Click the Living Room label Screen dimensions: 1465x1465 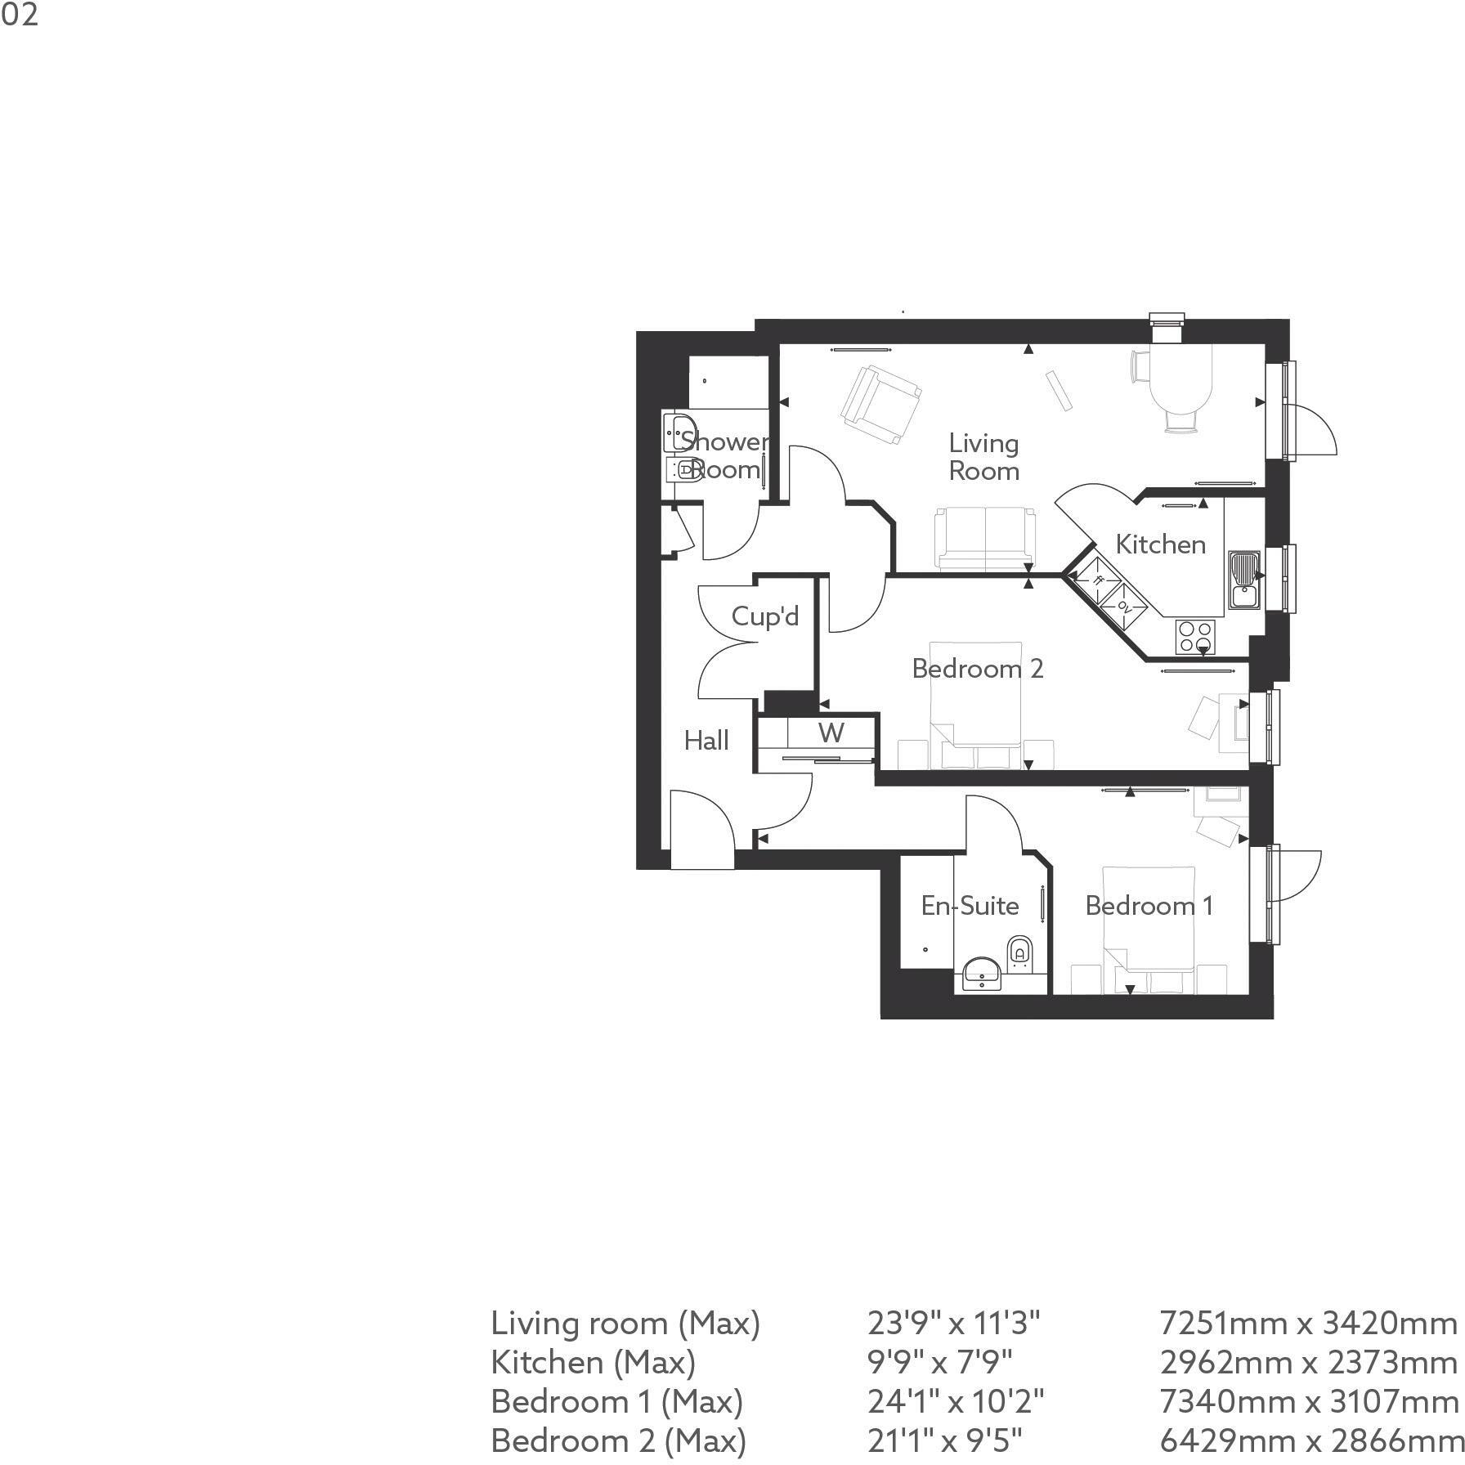point(983,457)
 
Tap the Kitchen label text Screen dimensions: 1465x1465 point(1160,544)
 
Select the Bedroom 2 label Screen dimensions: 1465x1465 point(978,669)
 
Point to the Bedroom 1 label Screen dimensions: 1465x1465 point(1149,906)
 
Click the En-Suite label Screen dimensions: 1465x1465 point(970,906)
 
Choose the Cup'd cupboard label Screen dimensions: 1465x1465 point(765,616)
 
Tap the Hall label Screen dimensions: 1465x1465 point(706,741)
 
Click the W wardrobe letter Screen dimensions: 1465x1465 point(831,732)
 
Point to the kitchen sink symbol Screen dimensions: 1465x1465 point(1244,579)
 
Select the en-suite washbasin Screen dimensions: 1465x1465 point(979,974)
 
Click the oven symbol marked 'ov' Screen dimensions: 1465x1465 point(1124,606)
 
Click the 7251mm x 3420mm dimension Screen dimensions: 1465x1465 point(1308,1323)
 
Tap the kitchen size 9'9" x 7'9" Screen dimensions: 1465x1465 point(940,1362)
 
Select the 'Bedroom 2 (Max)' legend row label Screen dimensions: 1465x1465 point(618,1440)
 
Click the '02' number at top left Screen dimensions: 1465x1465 point(19,14)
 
